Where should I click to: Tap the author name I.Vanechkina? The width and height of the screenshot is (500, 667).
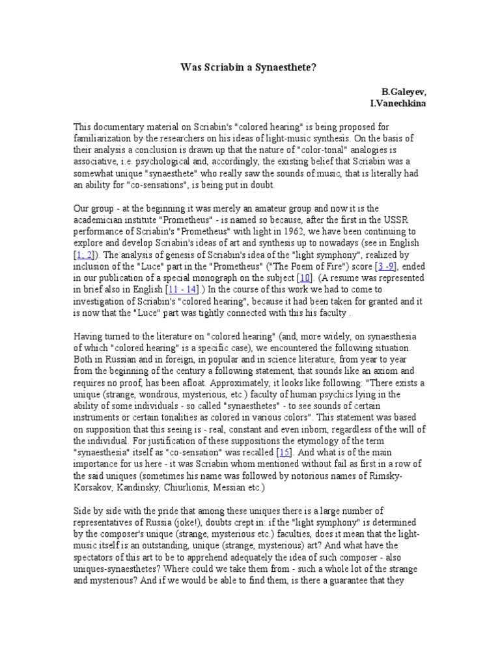tap(398, 104)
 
